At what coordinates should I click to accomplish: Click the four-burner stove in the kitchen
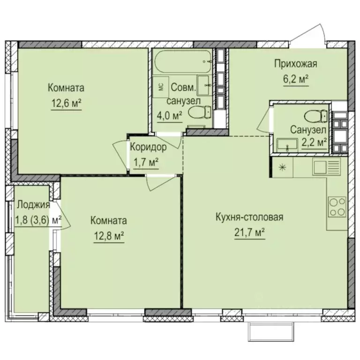click(337, 207)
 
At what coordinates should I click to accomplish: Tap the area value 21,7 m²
click(250, 232)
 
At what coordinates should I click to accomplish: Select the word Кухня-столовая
click(250, 217)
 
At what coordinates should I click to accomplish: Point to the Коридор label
click(148, 147)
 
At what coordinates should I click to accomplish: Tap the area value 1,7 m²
click(146, 162)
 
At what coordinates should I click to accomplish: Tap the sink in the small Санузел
click(286, 144)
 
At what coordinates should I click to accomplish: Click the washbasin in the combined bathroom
click(204, 86)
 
